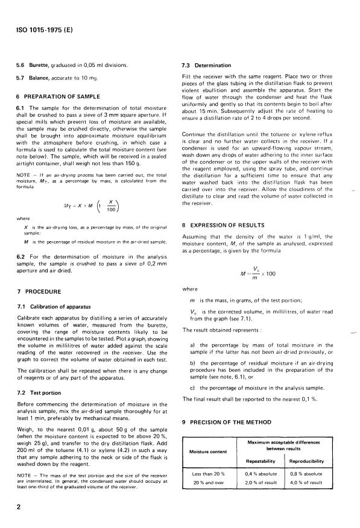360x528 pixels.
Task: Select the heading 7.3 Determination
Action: tap(208, 64)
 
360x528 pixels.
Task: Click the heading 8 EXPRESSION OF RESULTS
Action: tap(228, 225)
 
